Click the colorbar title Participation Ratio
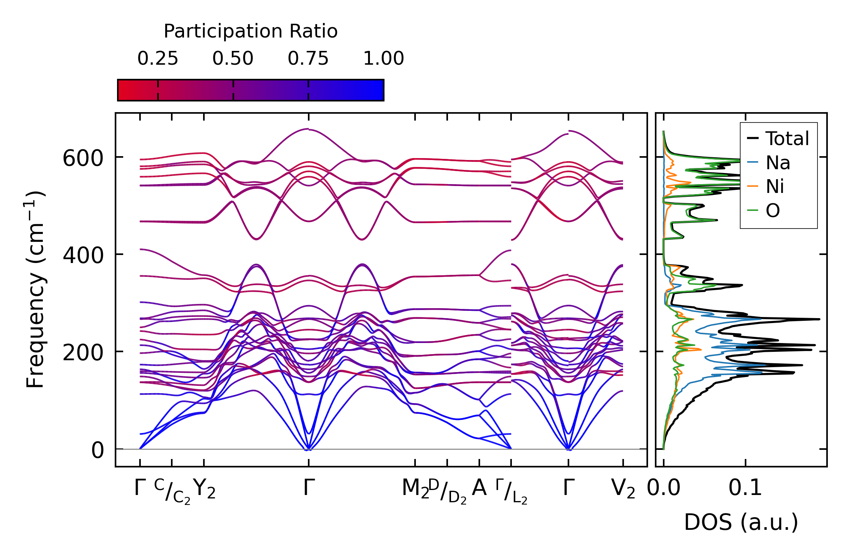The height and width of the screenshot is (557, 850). pos(251,31)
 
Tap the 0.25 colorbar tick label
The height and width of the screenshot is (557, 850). pos(158,59)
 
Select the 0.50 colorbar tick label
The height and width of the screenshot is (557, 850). pos(233,59)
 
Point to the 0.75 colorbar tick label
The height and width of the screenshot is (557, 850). pos(308,59)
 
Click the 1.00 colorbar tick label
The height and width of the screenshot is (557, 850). pos(383,59)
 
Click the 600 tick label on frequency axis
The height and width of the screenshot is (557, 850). pos(83,158)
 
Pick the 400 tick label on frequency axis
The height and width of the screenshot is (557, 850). pos(83,255)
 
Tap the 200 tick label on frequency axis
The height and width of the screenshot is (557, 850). pos(83,353)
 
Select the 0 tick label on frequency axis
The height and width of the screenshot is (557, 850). pos(97,450)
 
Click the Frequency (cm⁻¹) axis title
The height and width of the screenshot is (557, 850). pos(35,289)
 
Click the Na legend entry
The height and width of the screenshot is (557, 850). pos(778,163)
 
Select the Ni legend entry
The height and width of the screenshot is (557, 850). pos(775,187)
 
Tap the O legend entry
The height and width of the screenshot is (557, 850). pos(773,211)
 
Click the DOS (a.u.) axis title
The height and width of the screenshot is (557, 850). pos(741,522)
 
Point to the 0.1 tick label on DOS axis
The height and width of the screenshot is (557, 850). pos(745,488)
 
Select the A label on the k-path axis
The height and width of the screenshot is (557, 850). pos(479,488)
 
